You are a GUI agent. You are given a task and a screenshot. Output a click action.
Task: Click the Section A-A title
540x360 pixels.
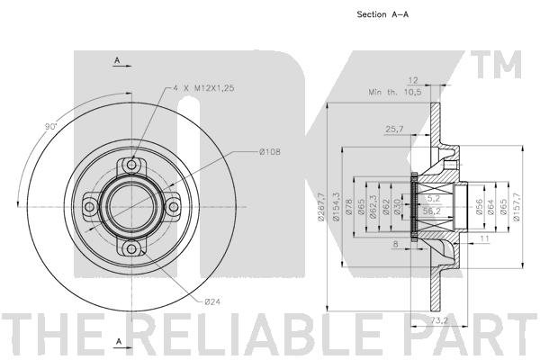382,14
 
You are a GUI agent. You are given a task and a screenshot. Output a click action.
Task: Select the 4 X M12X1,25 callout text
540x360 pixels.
203,88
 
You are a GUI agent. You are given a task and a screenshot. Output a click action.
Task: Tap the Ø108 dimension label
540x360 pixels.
270,151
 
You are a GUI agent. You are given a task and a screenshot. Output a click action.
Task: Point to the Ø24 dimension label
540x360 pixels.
212,301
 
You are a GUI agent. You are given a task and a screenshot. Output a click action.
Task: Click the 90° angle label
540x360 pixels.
50,126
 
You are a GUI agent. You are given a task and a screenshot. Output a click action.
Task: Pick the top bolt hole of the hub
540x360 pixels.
131,165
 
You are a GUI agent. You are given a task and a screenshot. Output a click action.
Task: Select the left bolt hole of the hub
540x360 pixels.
89,207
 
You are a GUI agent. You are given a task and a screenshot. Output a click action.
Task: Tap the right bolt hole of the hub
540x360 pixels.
174,207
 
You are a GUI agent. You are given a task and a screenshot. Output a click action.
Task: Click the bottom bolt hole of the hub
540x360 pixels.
131,248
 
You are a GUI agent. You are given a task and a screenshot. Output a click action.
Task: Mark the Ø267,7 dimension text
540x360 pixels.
321,207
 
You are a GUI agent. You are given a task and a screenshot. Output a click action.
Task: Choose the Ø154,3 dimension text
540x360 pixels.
336,207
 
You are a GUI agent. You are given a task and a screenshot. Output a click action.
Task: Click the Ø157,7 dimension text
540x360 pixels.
517,207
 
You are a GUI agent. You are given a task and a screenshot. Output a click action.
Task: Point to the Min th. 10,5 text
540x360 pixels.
395,93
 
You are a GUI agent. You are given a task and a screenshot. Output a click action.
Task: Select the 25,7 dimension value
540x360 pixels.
394,130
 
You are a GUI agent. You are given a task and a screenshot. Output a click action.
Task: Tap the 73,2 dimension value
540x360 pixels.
438,320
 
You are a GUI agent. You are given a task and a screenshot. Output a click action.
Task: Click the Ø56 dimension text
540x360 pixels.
479,207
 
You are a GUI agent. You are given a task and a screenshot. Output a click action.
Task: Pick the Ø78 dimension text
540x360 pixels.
348,207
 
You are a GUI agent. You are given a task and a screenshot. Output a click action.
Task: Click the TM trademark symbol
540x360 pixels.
496,65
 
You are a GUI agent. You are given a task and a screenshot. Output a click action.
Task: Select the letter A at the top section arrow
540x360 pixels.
117,60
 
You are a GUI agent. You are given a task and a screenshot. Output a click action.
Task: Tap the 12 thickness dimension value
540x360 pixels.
412,80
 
